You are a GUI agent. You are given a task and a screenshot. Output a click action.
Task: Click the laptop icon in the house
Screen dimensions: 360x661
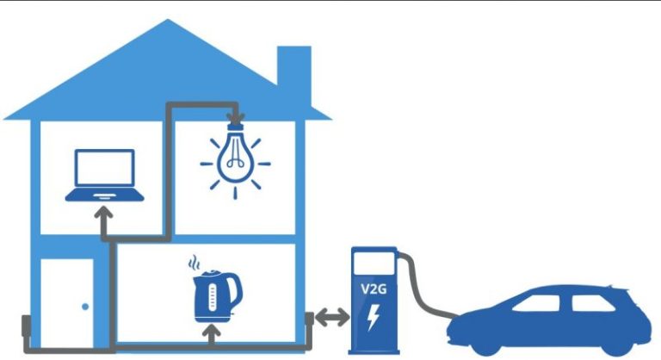105,177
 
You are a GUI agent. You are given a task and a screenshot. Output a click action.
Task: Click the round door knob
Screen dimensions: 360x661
85,306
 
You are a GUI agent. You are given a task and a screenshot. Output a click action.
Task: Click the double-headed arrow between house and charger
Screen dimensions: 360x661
330,318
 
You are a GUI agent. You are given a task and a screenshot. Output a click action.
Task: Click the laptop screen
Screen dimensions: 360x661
105,169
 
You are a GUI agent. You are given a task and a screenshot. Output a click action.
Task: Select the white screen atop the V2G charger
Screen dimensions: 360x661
373,260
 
